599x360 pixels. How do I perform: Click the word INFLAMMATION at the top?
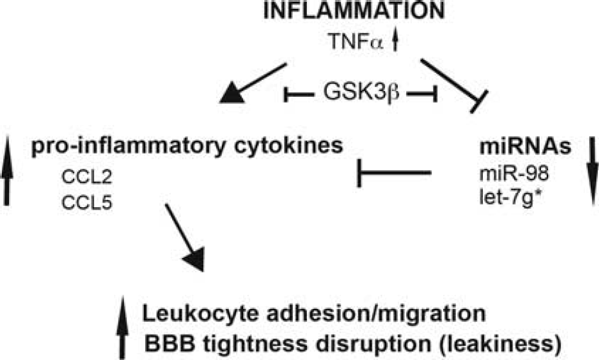click(x=354, y=11)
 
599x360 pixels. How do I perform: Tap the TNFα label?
click(x=355, y=41)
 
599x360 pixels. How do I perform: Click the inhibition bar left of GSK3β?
click(x=299, y=94)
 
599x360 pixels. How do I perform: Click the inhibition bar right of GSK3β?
click(x=422, y=94)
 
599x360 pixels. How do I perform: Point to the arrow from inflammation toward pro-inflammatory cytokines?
click(x=253, y=83)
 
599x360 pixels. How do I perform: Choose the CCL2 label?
click(x=86, y=177)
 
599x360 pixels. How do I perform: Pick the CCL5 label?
click(x=86, y=203)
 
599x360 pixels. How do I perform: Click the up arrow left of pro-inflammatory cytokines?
click(x=6, y=170)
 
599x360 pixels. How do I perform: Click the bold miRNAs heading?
click(x=525, y=146)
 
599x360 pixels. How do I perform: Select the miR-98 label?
click(x=514, y=174)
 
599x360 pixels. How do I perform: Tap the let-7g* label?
click(x=511, y=199)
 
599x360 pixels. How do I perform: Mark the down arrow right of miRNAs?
click(x=593, y=170)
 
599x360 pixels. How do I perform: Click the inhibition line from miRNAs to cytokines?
click(x=394, y=173)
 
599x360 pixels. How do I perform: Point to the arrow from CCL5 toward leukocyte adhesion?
click(x=185, y=237)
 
